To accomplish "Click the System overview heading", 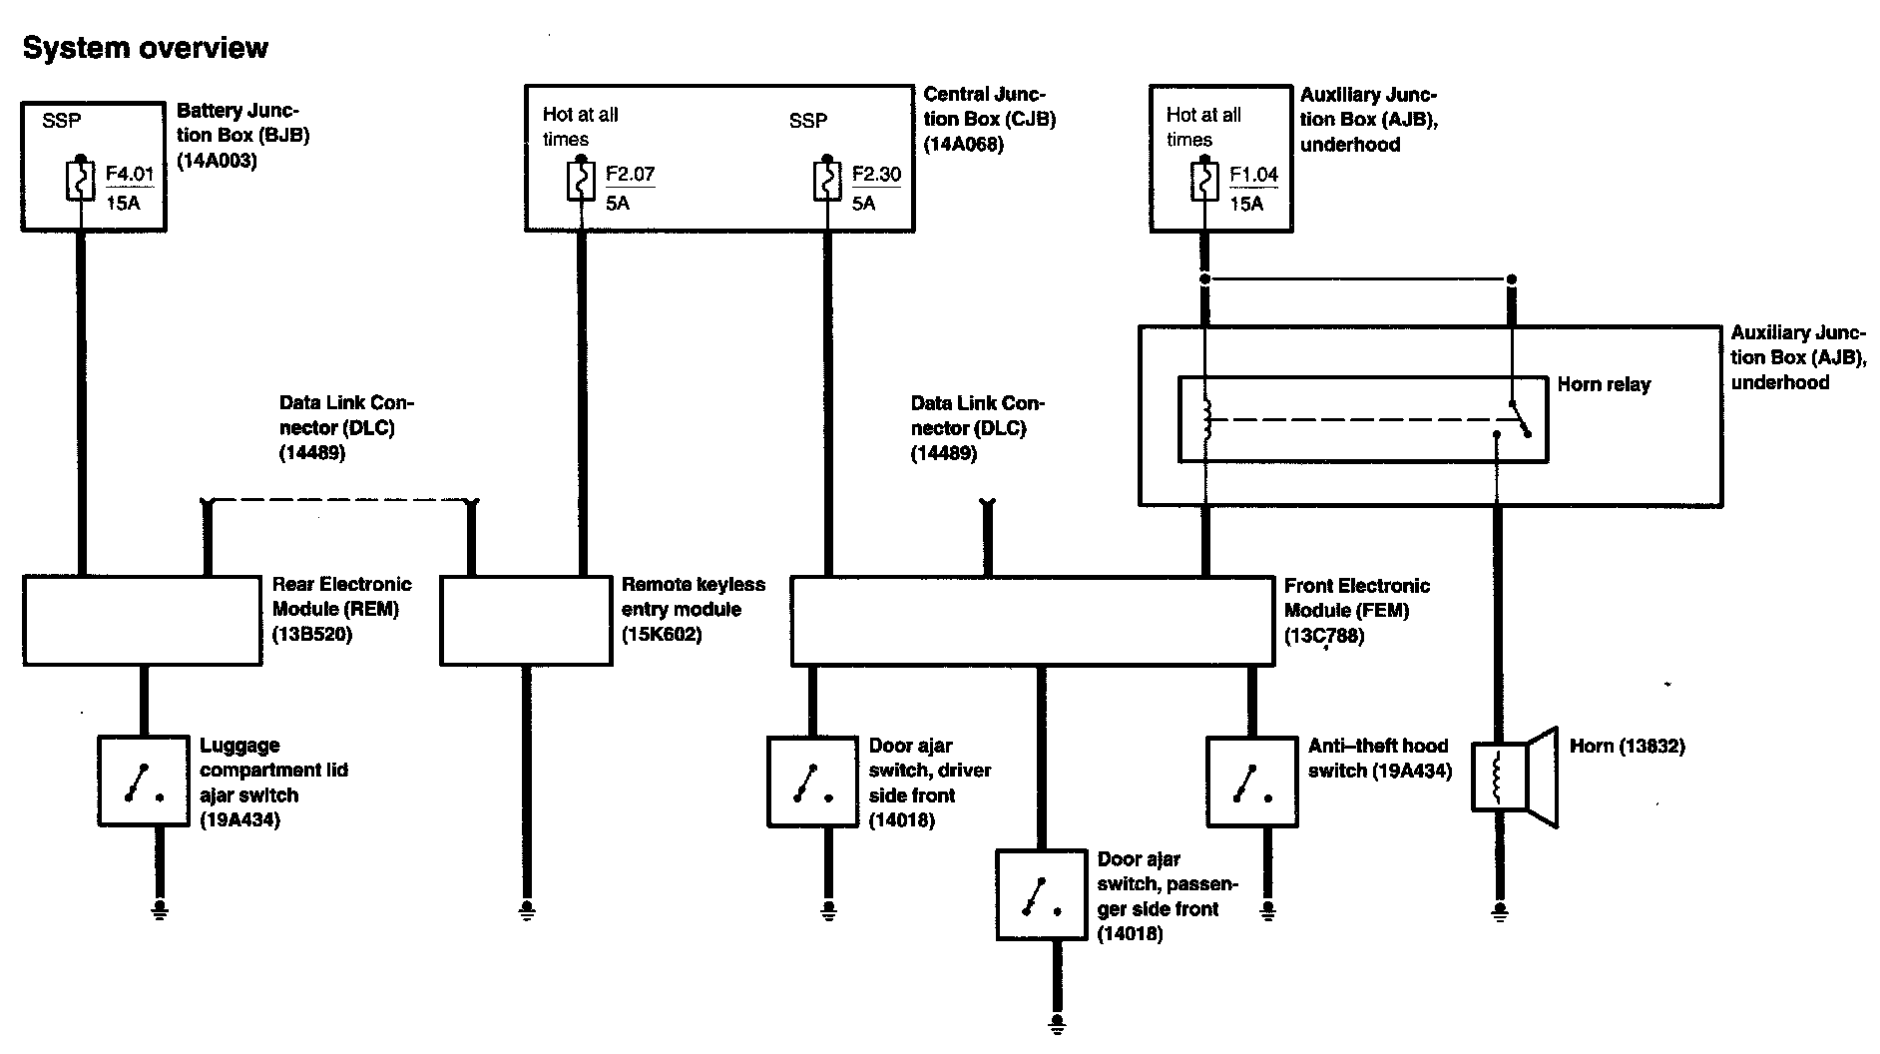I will (146, 48).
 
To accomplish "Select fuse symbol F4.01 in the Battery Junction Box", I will (81, 181).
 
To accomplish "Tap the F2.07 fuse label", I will (630, 175).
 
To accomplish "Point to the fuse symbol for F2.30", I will (826, 181).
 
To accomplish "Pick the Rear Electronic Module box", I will (142, 620).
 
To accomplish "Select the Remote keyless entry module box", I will (526, 620).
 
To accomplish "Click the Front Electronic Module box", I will (1032, 620).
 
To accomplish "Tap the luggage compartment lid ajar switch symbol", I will (144, 782).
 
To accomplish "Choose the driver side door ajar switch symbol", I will (812, 782).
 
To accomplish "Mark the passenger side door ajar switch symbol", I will (1041, 895).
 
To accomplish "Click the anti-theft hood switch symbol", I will (1251, 782).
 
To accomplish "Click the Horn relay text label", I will (1604, 384).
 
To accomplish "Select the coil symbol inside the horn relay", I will (1205, 420).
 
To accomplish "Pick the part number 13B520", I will (311, 635).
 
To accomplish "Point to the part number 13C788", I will (1323, 636).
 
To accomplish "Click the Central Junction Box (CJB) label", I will (988, 119).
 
